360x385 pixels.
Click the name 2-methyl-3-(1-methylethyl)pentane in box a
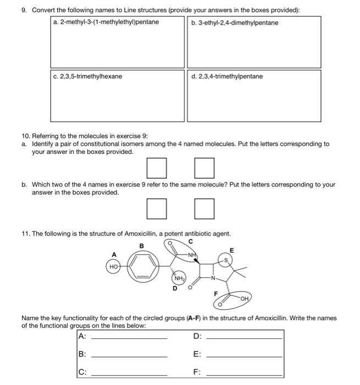106,22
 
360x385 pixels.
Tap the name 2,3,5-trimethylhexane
88,76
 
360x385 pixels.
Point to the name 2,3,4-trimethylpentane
227,76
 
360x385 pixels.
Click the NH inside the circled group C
191,254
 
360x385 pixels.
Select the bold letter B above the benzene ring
142,245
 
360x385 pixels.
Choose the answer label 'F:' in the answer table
197,372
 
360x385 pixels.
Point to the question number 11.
25,233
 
